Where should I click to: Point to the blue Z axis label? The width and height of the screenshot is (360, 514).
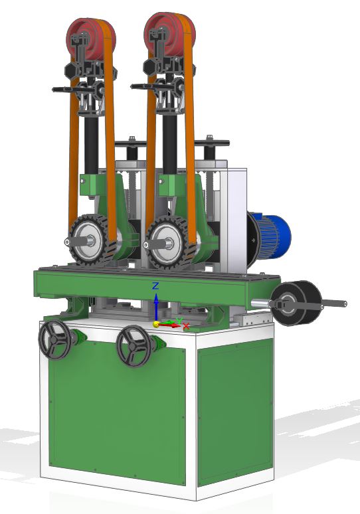click(x=155, y=286)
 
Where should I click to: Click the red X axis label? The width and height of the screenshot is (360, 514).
click(x=187, y=326)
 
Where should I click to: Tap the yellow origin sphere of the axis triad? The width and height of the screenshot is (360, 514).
click(x=157, y=324)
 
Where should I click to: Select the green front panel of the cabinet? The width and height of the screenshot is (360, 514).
click(x=116, y=412)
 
